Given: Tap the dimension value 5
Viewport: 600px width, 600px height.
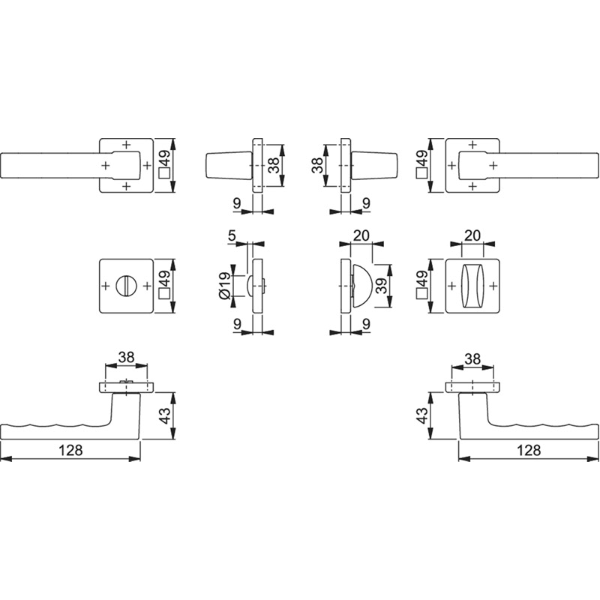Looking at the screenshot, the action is point(232,235).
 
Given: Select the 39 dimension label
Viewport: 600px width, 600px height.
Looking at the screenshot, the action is point(381,285).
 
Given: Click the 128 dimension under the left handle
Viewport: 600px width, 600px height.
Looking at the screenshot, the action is point(70,451).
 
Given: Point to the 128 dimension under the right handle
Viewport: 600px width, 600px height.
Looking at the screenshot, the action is point(529,451).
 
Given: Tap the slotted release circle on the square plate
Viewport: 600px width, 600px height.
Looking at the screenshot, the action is point(126,286).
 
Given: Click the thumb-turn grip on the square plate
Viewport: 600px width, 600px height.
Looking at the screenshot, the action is point(472,286).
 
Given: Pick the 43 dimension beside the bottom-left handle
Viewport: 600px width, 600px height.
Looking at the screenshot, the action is point(164,416).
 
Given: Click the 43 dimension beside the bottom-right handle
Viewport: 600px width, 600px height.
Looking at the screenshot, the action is point(421,416).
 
